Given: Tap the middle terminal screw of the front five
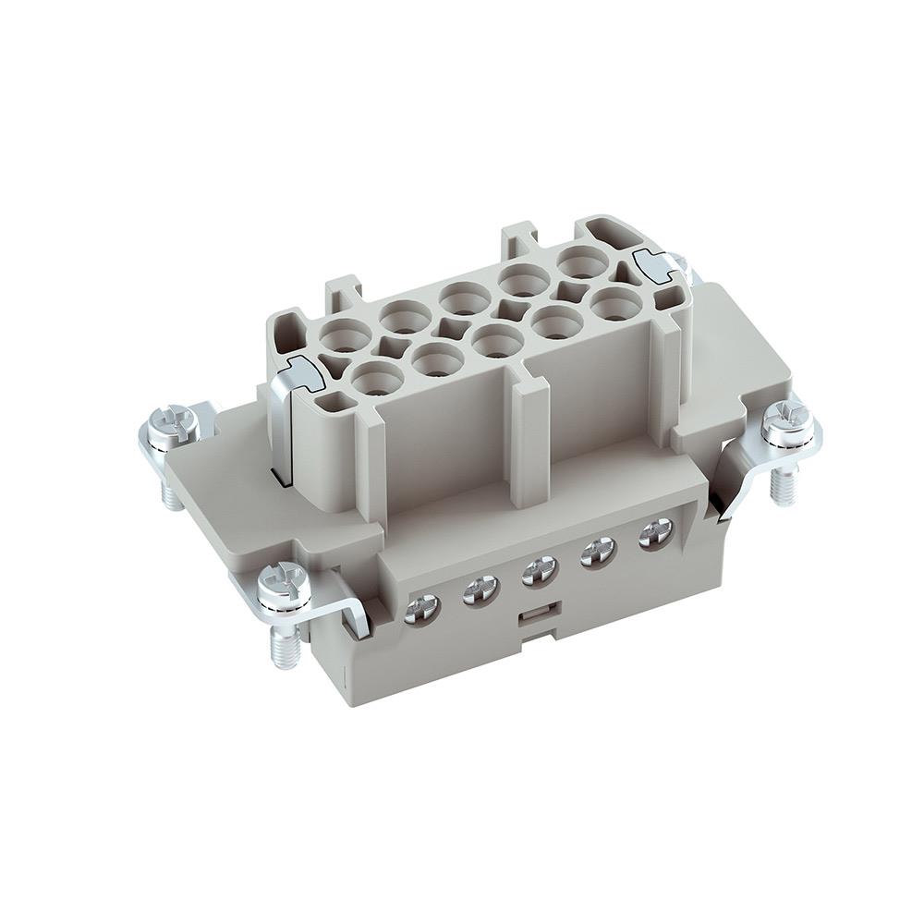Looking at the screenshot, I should (538, 571).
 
